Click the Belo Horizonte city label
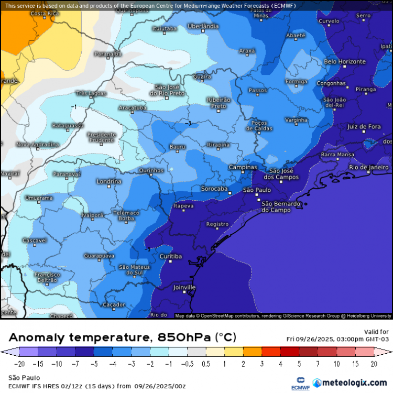click(x=345, y=62)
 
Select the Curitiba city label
click(x=170, y=256)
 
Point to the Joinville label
click(x=184, y=288)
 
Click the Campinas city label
click(x=243, y=167)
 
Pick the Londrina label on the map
click(x=109, y=181)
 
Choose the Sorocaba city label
click(x=214, y=189)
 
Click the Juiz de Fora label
click(x=364, y=127)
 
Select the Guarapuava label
click(x=99, y=256)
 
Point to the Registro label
click(x=217, y=224)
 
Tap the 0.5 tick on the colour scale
click(x=206, y=364)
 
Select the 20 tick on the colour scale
click(x=374, y=364)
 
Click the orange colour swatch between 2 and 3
click(x=253, y=353)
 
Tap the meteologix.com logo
click(x=350, y=383)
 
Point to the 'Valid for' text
click(x=376, y=332)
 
